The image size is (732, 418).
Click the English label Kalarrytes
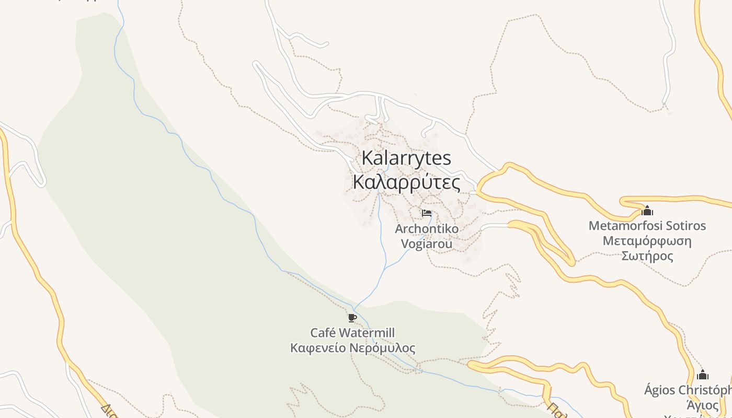pos(406,158)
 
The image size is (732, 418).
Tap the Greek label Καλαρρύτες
pos(406,183)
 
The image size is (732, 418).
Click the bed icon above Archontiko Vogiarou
pos(427,213)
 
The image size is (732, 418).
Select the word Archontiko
pos(427,229)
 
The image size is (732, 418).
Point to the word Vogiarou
pos(427,243)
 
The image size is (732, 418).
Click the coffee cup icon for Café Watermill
pos(352,318)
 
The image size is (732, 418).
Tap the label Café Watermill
pos(352,333)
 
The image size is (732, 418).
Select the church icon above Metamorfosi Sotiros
pos(647,211)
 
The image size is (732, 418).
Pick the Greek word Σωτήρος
pos(647,256)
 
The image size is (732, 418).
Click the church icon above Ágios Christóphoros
pos(703,375)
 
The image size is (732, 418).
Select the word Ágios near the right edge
pos(660,390)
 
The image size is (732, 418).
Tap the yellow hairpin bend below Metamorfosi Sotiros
pos(572,260)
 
